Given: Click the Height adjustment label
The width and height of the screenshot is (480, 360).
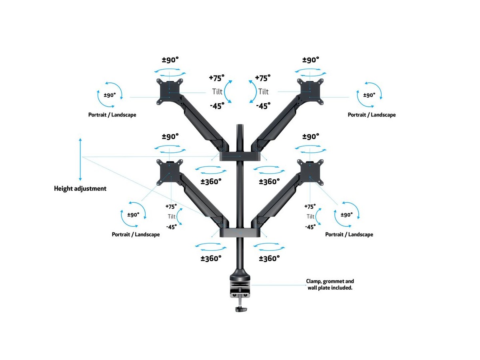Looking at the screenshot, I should [x=80, y=188].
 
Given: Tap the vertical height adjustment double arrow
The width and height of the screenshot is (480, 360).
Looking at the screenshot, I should [x=80, y=159].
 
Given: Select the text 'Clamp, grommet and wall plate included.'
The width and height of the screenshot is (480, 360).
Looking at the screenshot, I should [x=330, y=284].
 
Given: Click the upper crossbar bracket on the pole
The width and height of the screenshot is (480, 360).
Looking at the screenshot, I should [x=240, y=155].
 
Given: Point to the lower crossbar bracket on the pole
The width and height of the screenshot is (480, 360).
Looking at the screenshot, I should [x=240, y=232].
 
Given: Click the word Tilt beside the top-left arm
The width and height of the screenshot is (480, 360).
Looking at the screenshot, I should [x=217, y=92].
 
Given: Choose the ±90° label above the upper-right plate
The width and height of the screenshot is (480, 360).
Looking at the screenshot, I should [x=311, y=60].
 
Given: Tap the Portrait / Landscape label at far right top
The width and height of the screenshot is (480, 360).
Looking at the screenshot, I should [x=372, y=115].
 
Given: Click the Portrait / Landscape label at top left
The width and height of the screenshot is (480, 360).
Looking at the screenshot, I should [x=112, y=115].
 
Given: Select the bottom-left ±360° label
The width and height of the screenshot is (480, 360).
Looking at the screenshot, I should [x=211, y=258].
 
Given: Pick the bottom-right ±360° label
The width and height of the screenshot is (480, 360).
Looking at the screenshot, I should [x=269, y=258].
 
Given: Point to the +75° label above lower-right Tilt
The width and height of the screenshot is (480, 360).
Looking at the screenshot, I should [x=310, y=207].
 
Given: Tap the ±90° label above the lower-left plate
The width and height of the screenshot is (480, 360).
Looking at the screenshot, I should [x=170, y=136].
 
